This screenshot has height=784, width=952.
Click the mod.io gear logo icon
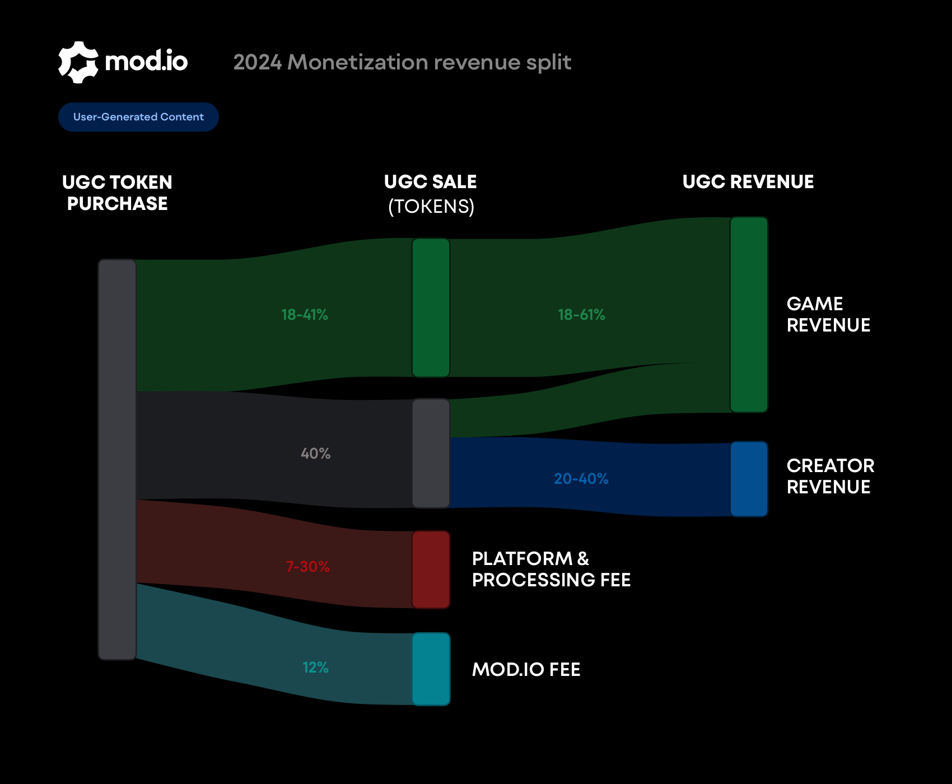(78, 62)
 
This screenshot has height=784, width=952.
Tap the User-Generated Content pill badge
(138, 117)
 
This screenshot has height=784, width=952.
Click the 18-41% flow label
(304, 315)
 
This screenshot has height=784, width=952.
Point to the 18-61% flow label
(581, 315)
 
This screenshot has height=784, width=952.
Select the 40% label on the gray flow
(315, 454)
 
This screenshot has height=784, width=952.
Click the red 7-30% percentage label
(307, 567)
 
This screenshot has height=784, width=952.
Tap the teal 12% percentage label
(315, 668)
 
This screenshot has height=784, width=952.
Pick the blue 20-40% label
(581, 479)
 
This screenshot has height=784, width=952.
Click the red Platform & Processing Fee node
(431, 570)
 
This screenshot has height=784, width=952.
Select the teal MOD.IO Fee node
(431, 669)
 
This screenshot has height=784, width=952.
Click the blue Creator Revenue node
(749, 479)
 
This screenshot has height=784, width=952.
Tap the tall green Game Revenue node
(749, 315)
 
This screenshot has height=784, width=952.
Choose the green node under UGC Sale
(431, 307)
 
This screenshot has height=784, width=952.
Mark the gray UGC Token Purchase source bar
(117, 459)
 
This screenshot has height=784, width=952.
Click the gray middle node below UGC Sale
(431, 453)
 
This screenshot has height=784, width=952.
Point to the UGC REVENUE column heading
(748, 182)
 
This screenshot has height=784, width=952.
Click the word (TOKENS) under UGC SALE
(431, 207)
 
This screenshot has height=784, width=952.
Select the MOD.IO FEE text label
(526, 670)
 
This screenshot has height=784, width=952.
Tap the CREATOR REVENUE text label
(830, 476)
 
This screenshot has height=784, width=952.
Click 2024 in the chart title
(257, 62)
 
